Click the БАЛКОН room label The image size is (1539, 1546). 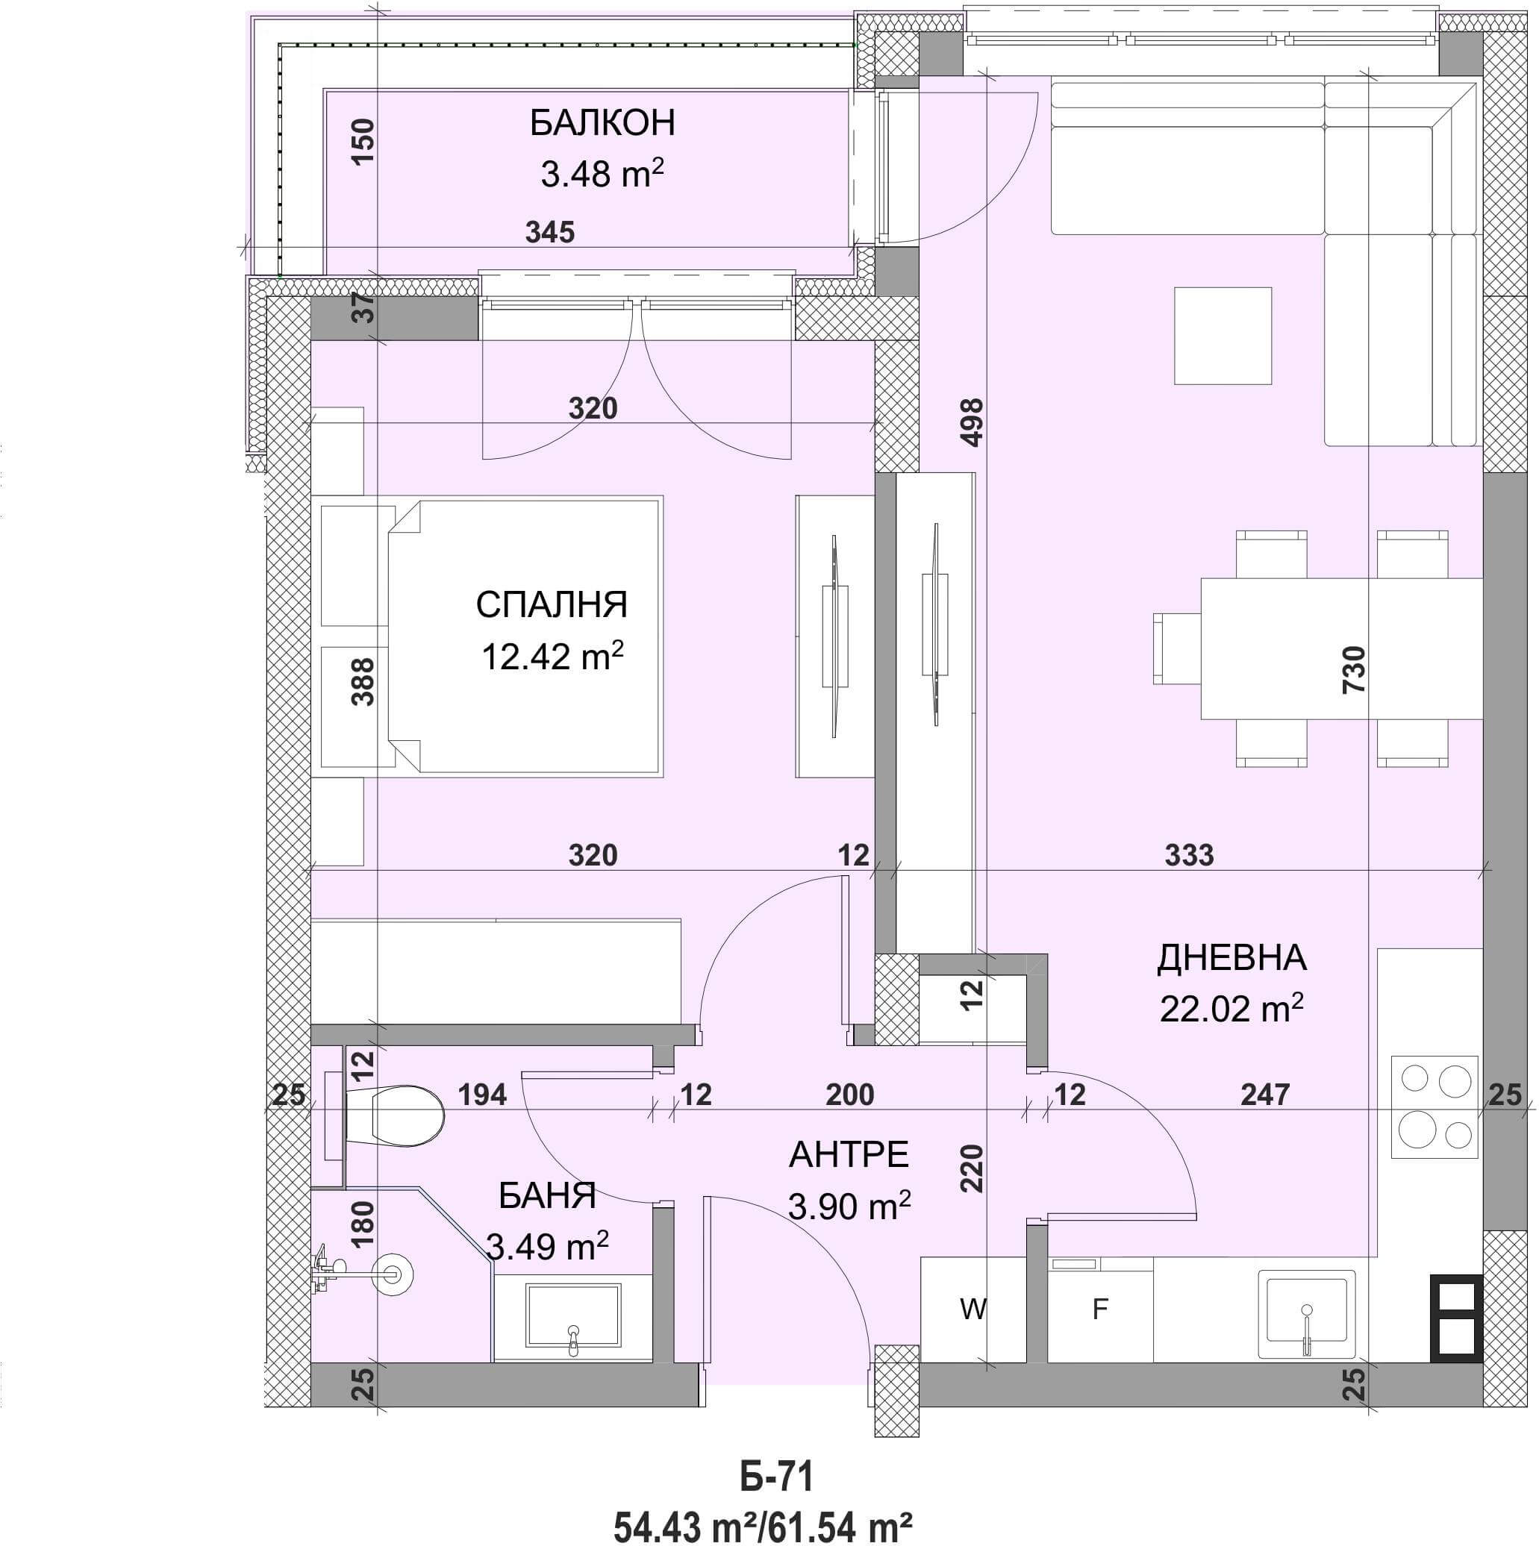coord(602,123)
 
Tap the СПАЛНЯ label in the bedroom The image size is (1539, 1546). coord(552,605)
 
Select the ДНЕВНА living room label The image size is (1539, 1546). coord(1231,959)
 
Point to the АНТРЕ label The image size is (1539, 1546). coord(849,1155)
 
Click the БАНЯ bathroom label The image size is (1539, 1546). coord(547,1196)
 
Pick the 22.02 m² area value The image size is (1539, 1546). coord(1231,1008)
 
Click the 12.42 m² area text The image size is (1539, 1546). coord(552,656)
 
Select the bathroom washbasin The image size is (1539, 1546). coord(573,1317)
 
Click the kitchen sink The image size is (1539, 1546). coord(1306,1315)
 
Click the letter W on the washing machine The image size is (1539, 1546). coord(973,1310)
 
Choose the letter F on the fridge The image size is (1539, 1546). coord(1100,1310)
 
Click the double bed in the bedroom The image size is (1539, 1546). coord(524,636)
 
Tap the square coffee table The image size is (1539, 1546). coord(1223,335)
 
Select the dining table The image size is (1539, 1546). coord(1341,649)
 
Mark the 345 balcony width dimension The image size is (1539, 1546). coord(550,232)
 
